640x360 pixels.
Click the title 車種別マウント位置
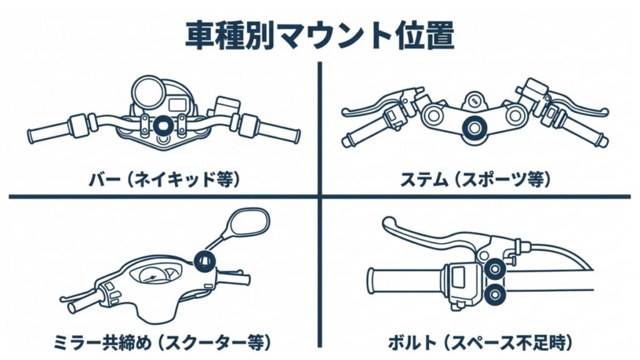pyautogui.click(x=319, y=36)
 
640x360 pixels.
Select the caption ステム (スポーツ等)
pyautogui.click(x=476, y=180)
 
